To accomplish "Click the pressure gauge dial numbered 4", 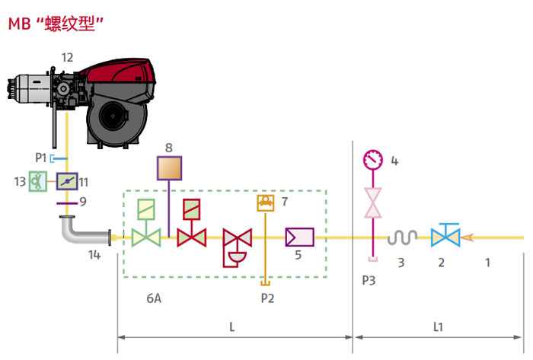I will point(373,160).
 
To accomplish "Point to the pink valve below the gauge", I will point(373,203).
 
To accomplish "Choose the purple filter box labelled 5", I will point(298,237).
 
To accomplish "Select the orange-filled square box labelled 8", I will point(169,167).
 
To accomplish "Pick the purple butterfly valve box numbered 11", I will point(67,182).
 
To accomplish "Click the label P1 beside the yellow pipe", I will point(41,158).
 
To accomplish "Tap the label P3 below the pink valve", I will point(369,280).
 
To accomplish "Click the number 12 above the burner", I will point(68,56).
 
